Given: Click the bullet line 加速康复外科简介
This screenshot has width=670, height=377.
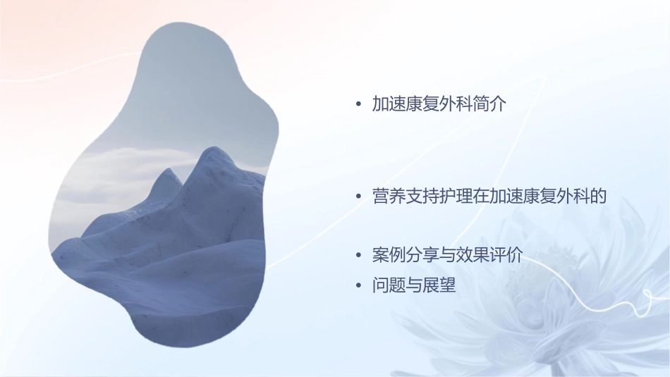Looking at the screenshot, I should coord(440,104).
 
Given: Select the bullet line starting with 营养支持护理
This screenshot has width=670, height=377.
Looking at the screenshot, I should coord(489,196).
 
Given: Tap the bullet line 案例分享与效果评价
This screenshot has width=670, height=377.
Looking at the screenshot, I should coord(447,255).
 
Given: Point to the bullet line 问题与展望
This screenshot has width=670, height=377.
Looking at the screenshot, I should coord(414,286).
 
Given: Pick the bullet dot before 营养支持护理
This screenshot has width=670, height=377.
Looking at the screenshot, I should coord(359,197).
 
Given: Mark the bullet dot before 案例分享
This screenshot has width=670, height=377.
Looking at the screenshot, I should coord(359,256).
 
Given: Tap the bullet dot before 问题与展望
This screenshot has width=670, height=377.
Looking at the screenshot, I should coord(359,287).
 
